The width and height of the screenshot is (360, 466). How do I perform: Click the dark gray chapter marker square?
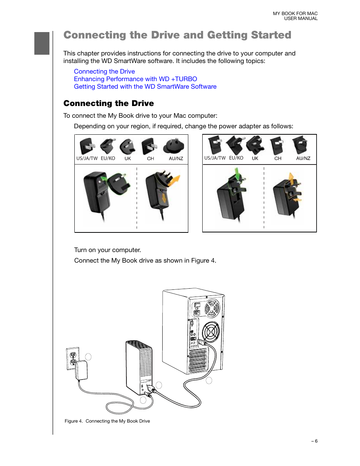[x=42, y=43]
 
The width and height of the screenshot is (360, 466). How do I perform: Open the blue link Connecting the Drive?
[x=104, y=71]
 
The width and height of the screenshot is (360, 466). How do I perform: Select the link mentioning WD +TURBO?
[x=135, y=79]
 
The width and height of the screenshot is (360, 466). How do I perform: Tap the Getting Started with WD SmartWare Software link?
[x=145, y=86]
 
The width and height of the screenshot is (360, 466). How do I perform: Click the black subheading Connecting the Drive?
[x=109, y=103]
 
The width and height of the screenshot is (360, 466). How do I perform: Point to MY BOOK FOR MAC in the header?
[x=295, y=14]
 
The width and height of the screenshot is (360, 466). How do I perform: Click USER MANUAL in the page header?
[x=301, y=18]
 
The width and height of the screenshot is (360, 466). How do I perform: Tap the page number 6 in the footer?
[x=316, y=441]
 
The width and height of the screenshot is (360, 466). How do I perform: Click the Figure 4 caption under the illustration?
[x=107, y=421]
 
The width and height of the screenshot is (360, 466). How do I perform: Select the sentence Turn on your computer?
[x=108, y=250]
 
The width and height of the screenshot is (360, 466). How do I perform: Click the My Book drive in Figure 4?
[x=139, y=368]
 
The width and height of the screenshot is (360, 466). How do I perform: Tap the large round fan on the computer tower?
[x=210, y=332]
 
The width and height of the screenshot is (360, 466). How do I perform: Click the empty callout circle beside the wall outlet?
[x=88, y=357]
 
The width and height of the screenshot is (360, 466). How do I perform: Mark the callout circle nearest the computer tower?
[x=209, y=380]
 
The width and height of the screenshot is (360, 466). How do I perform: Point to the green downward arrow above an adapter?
[x=237, y=174]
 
